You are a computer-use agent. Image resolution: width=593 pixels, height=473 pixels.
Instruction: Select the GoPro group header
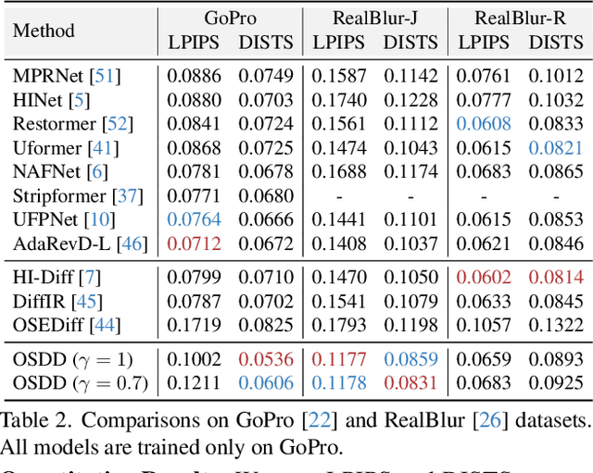pyautogui.click(x=231, y=19)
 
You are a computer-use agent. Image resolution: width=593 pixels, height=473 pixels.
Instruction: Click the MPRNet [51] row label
pyautogui.click(x=66, y=76)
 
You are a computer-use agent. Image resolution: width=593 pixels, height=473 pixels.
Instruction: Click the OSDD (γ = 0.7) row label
pyautogui.click(x=78, y=381)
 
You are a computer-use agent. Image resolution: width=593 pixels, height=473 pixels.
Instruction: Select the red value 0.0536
pyautogui.click(x=266, y=357)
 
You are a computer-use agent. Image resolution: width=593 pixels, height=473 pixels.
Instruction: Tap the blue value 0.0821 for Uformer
pyautogui.click(x=556, y=147)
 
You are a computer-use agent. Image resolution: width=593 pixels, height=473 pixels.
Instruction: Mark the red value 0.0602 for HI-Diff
pyautogui.click(x=484, y=276)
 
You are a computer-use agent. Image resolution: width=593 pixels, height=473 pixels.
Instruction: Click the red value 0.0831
pyautogui.click(x=411, y=381)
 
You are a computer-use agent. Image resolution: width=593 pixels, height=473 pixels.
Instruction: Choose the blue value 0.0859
pyautogui.click(x=411, y=357)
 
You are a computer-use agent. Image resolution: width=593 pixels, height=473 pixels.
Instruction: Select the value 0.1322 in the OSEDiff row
pyautogui.click(x=556, y=324)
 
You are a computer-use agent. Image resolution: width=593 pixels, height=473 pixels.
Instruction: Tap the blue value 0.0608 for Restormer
pyautogui.click(x=484, y=123)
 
